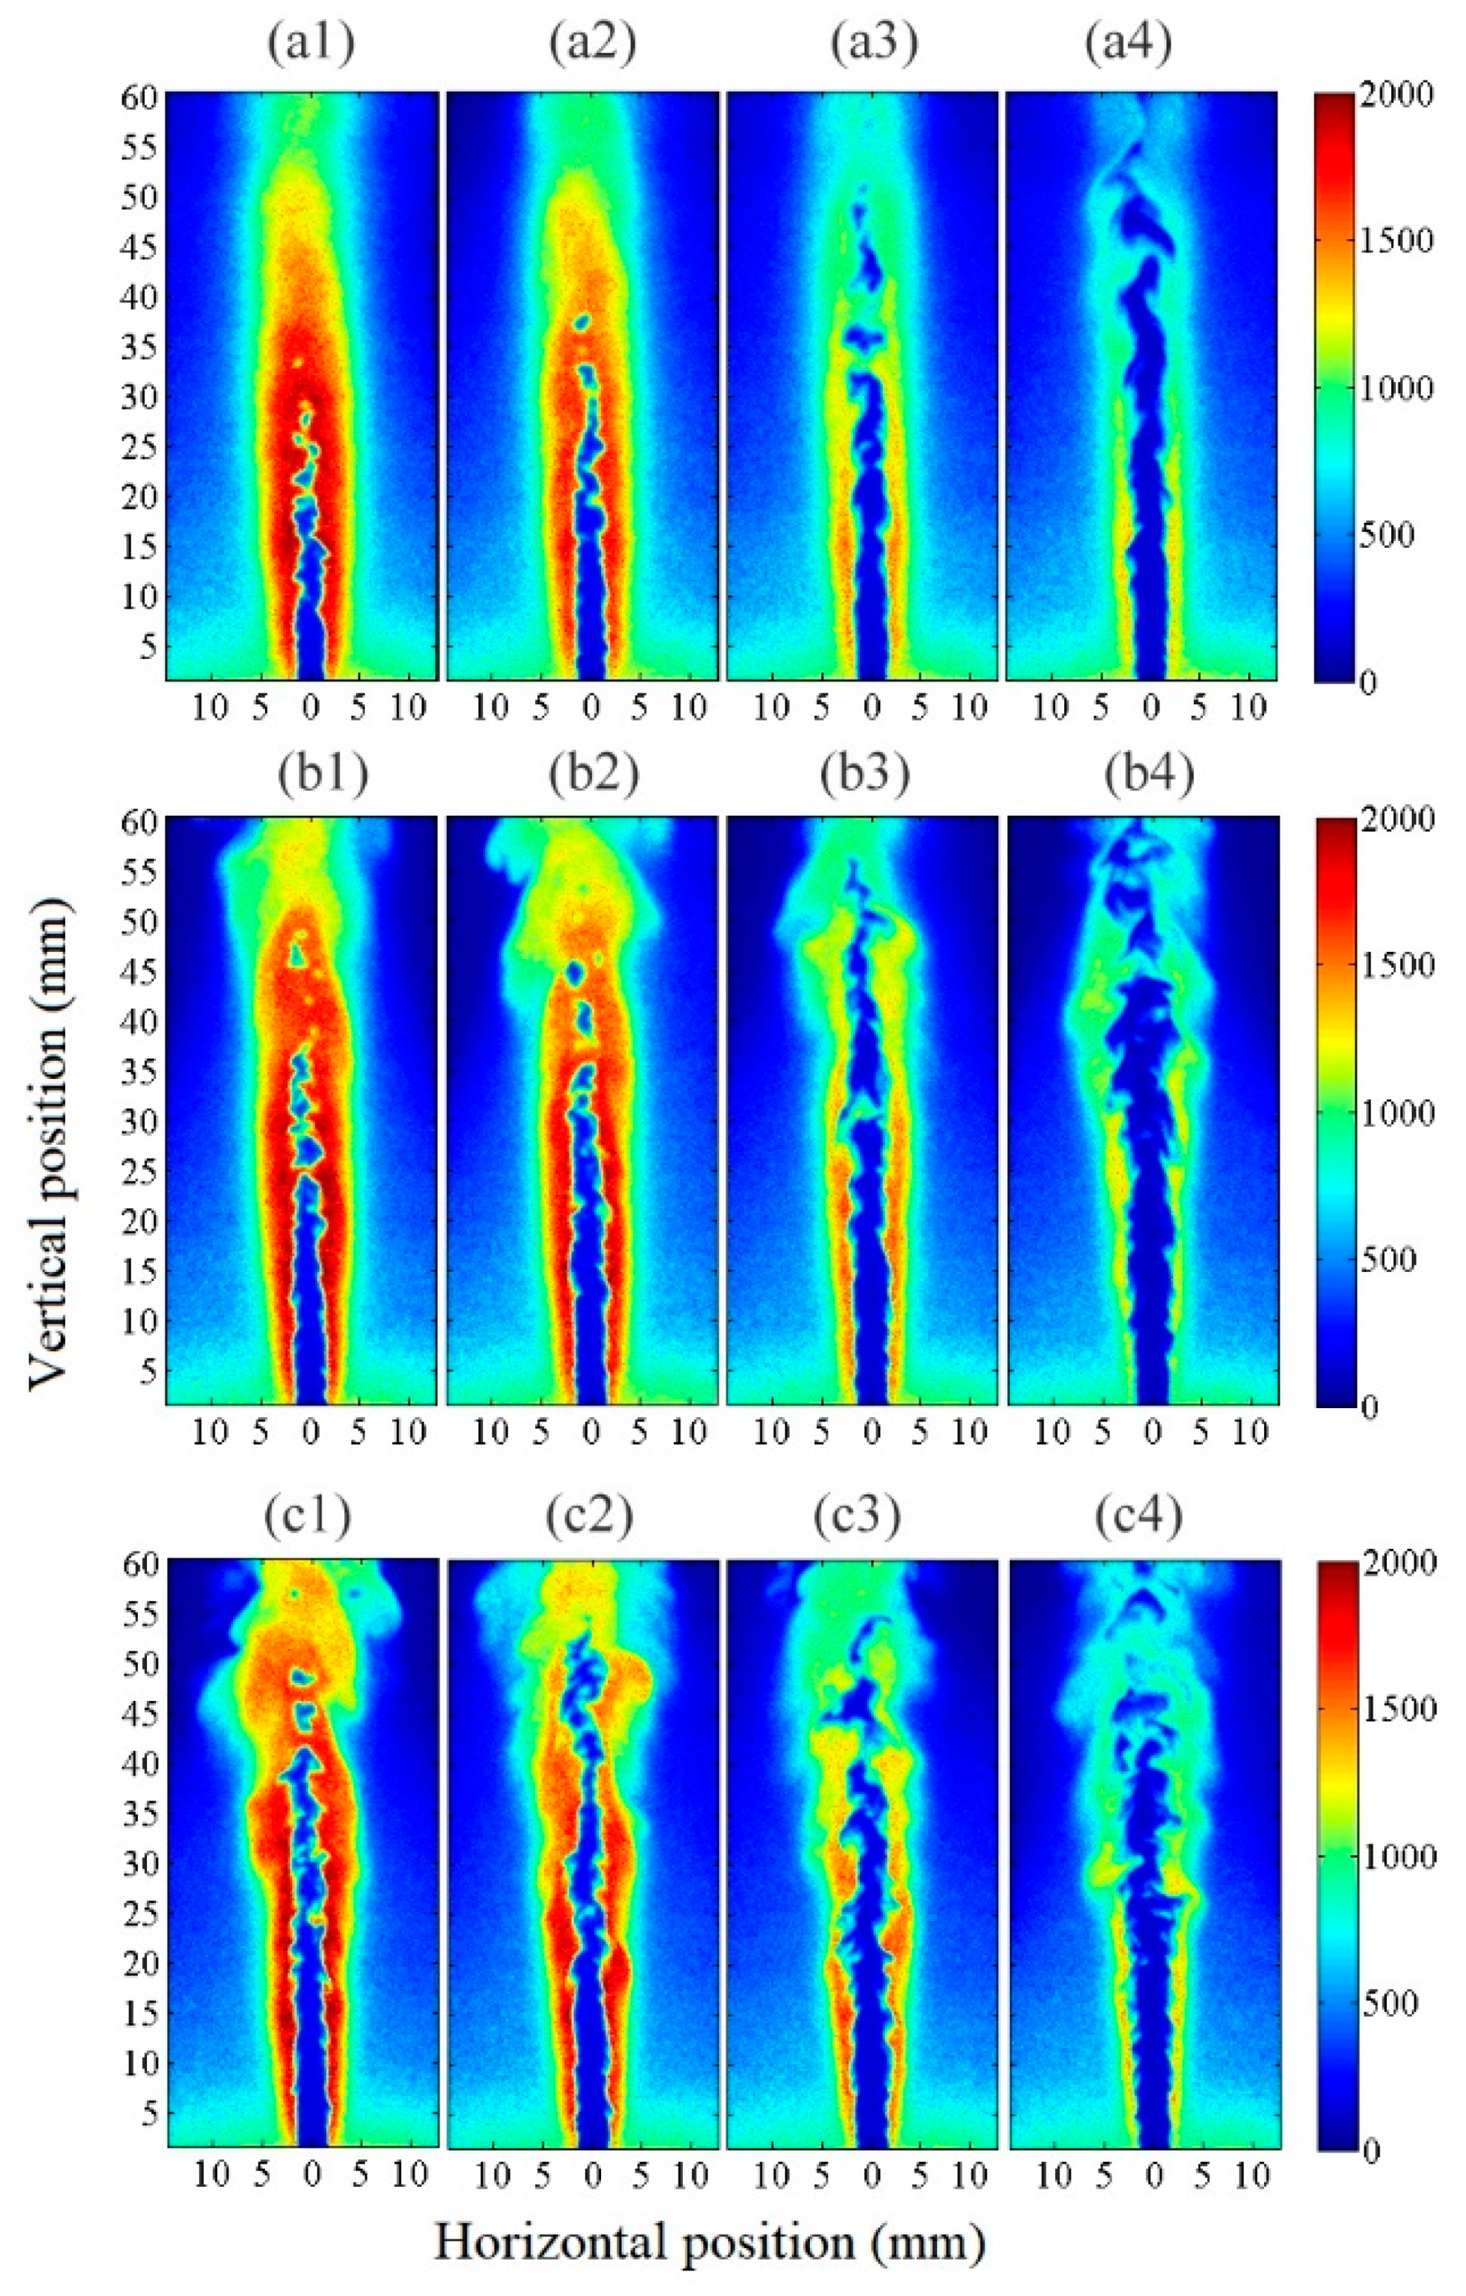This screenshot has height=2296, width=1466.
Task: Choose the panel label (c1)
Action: click(310, 1516)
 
